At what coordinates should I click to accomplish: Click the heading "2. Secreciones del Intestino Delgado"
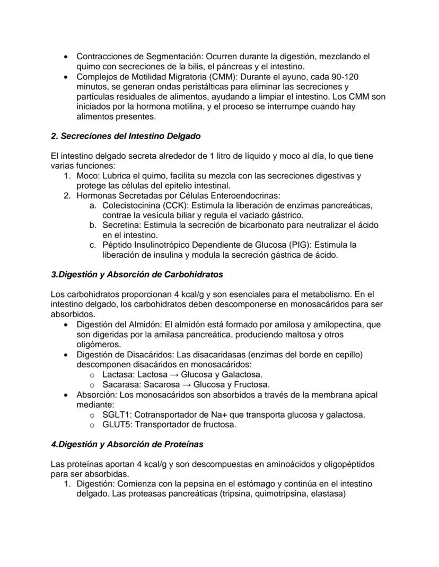(x=126, y=136)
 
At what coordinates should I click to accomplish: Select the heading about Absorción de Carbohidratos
(x=137, y=274)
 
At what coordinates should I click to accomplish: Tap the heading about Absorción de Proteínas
(x=127, y=444)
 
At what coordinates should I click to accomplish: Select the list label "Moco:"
(x=88, y=175)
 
